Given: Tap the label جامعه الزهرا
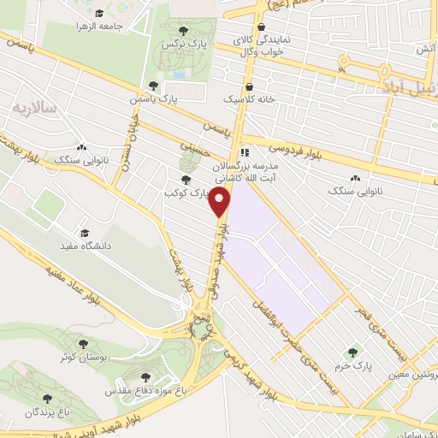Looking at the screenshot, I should [125, 26].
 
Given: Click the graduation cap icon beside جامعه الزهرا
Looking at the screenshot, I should [98, 14].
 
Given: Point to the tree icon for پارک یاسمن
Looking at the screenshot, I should [152, 86].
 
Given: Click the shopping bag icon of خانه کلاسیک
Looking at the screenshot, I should [248, 86].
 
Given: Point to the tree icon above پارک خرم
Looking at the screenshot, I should [352, 352].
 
